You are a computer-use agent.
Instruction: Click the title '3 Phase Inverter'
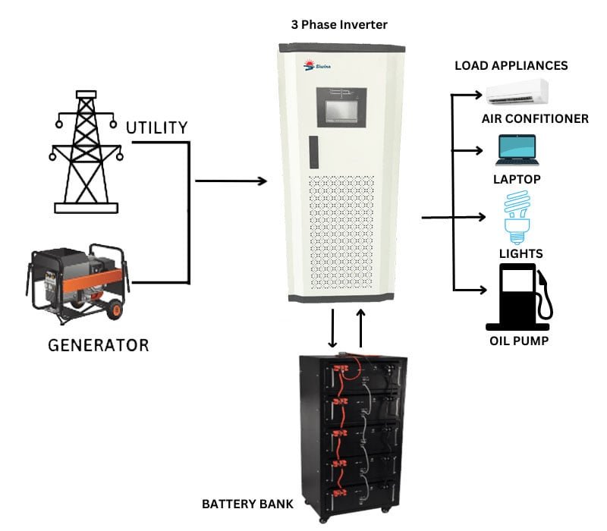[339, 25]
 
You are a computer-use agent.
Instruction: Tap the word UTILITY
[156, 127]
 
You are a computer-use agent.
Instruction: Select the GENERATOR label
[99, 345]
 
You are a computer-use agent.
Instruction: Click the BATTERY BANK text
[247, 504]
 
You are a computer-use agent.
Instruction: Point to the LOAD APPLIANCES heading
[511, 66]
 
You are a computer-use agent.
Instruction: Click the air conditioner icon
[517, 93]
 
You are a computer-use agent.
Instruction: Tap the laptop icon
[517, 150]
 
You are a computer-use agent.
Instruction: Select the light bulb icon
[517, 217]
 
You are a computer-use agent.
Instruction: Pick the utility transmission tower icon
[85, 152]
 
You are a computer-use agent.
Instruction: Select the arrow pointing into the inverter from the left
[231, 181]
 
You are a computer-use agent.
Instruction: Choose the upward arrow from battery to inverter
[360, 327]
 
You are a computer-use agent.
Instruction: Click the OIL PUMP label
[518, 341]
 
